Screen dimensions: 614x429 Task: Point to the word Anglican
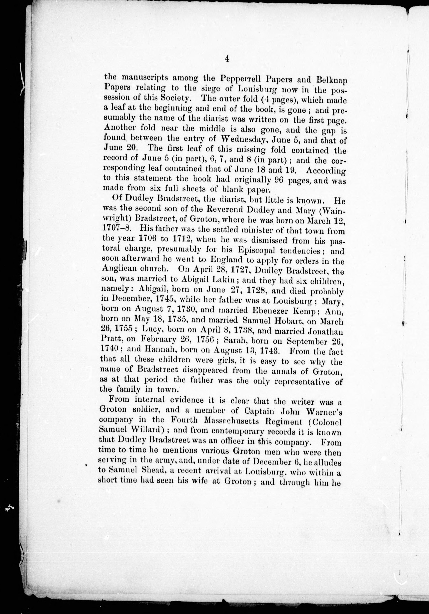click(117, 269)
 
